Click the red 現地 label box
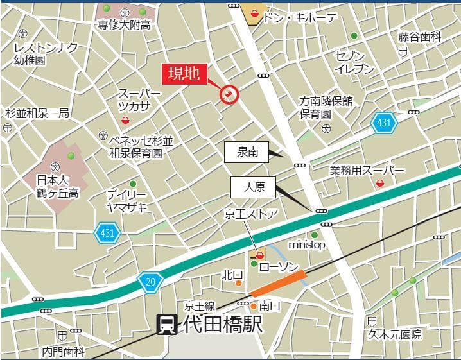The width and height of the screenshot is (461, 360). point(184,74)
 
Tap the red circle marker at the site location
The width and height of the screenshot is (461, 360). point(229,95)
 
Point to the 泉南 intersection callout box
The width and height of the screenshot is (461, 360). point(247,152)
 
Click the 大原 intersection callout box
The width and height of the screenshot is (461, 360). point(253,187)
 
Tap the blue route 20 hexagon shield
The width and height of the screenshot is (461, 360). point(150,280)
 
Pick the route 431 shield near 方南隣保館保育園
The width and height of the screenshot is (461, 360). point(383,123)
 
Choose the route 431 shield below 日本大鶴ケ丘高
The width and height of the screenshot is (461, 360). point(107,232)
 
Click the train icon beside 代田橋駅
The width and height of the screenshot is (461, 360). point(168,324)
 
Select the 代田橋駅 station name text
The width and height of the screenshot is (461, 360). point(223,324)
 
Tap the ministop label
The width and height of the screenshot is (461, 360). point(306,245)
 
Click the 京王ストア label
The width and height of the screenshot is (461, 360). point(250,214)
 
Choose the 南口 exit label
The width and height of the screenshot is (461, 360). point(270,305)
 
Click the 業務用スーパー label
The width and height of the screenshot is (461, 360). point(367,171)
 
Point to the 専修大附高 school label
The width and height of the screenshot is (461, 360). point(124,24)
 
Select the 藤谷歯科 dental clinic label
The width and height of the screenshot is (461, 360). point(419,37)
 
